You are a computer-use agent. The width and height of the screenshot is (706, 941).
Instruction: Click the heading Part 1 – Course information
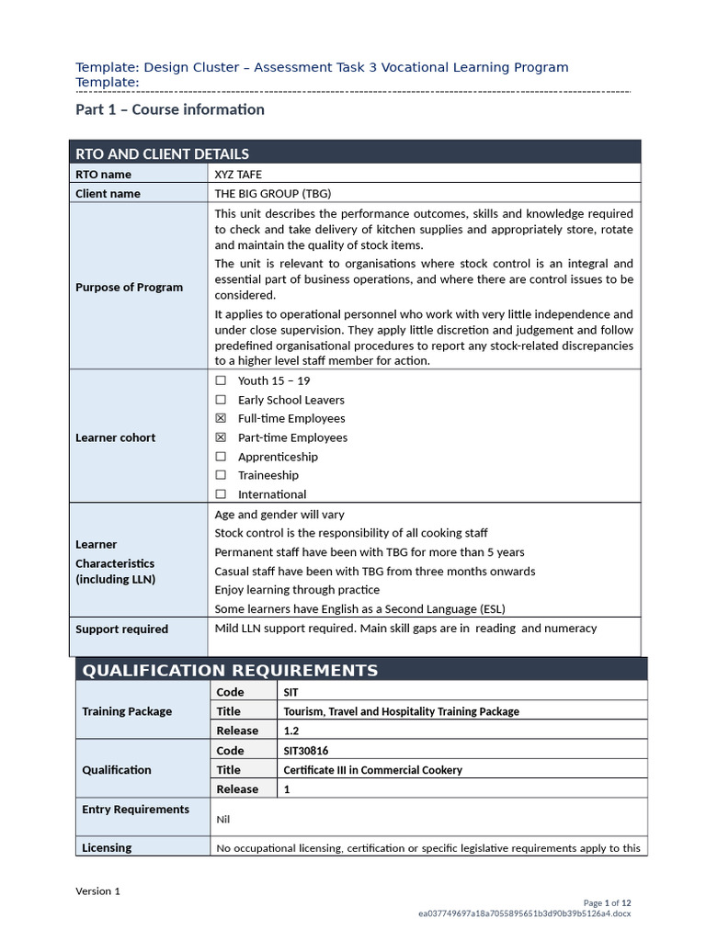click(x=169, y=110)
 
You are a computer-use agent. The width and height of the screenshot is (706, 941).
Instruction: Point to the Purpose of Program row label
click(x=129, y=288)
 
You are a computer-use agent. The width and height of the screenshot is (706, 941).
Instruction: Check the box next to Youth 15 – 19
click(x=221, y=380)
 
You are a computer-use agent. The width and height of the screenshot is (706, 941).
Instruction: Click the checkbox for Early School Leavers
click(x=221, y=400)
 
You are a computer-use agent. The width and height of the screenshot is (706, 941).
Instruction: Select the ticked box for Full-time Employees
click(x=221, y=419)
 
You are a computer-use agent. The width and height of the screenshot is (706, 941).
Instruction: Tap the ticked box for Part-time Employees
click(x=221, y=438)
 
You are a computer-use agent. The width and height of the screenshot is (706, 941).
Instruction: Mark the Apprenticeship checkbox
click(x=221, y=457)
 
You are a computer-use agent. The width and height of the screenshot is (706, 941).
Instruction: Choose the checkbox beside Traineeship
click(x=221, y=476)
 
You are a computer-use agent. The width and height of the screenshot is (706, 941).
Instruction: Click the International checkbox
click(x=221, y=494)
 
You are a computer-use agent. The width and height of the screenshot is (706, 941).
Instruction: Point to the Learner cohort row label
click(x=115, y=438)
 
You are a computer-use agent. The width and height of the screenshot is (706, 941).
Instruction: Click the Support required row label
click(x=121, y=629)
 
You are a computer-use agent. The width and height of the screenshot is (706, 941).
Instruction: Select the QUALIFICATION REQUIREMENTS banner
click(x=230, y=670)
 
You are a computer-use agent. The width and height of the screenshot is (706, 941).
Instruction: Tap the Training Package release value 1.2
click(x=291, y=731)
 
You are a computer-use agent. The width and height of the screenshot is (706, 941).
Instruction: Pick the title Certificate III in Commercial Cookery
click(x=372, y=770)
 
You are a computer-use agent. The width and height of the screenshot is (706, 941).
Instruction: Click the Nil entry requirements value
click(x=223, y=819)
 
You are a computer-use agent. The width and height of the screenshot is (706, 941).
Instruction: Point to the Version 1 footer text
click(x=97, y=891)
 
